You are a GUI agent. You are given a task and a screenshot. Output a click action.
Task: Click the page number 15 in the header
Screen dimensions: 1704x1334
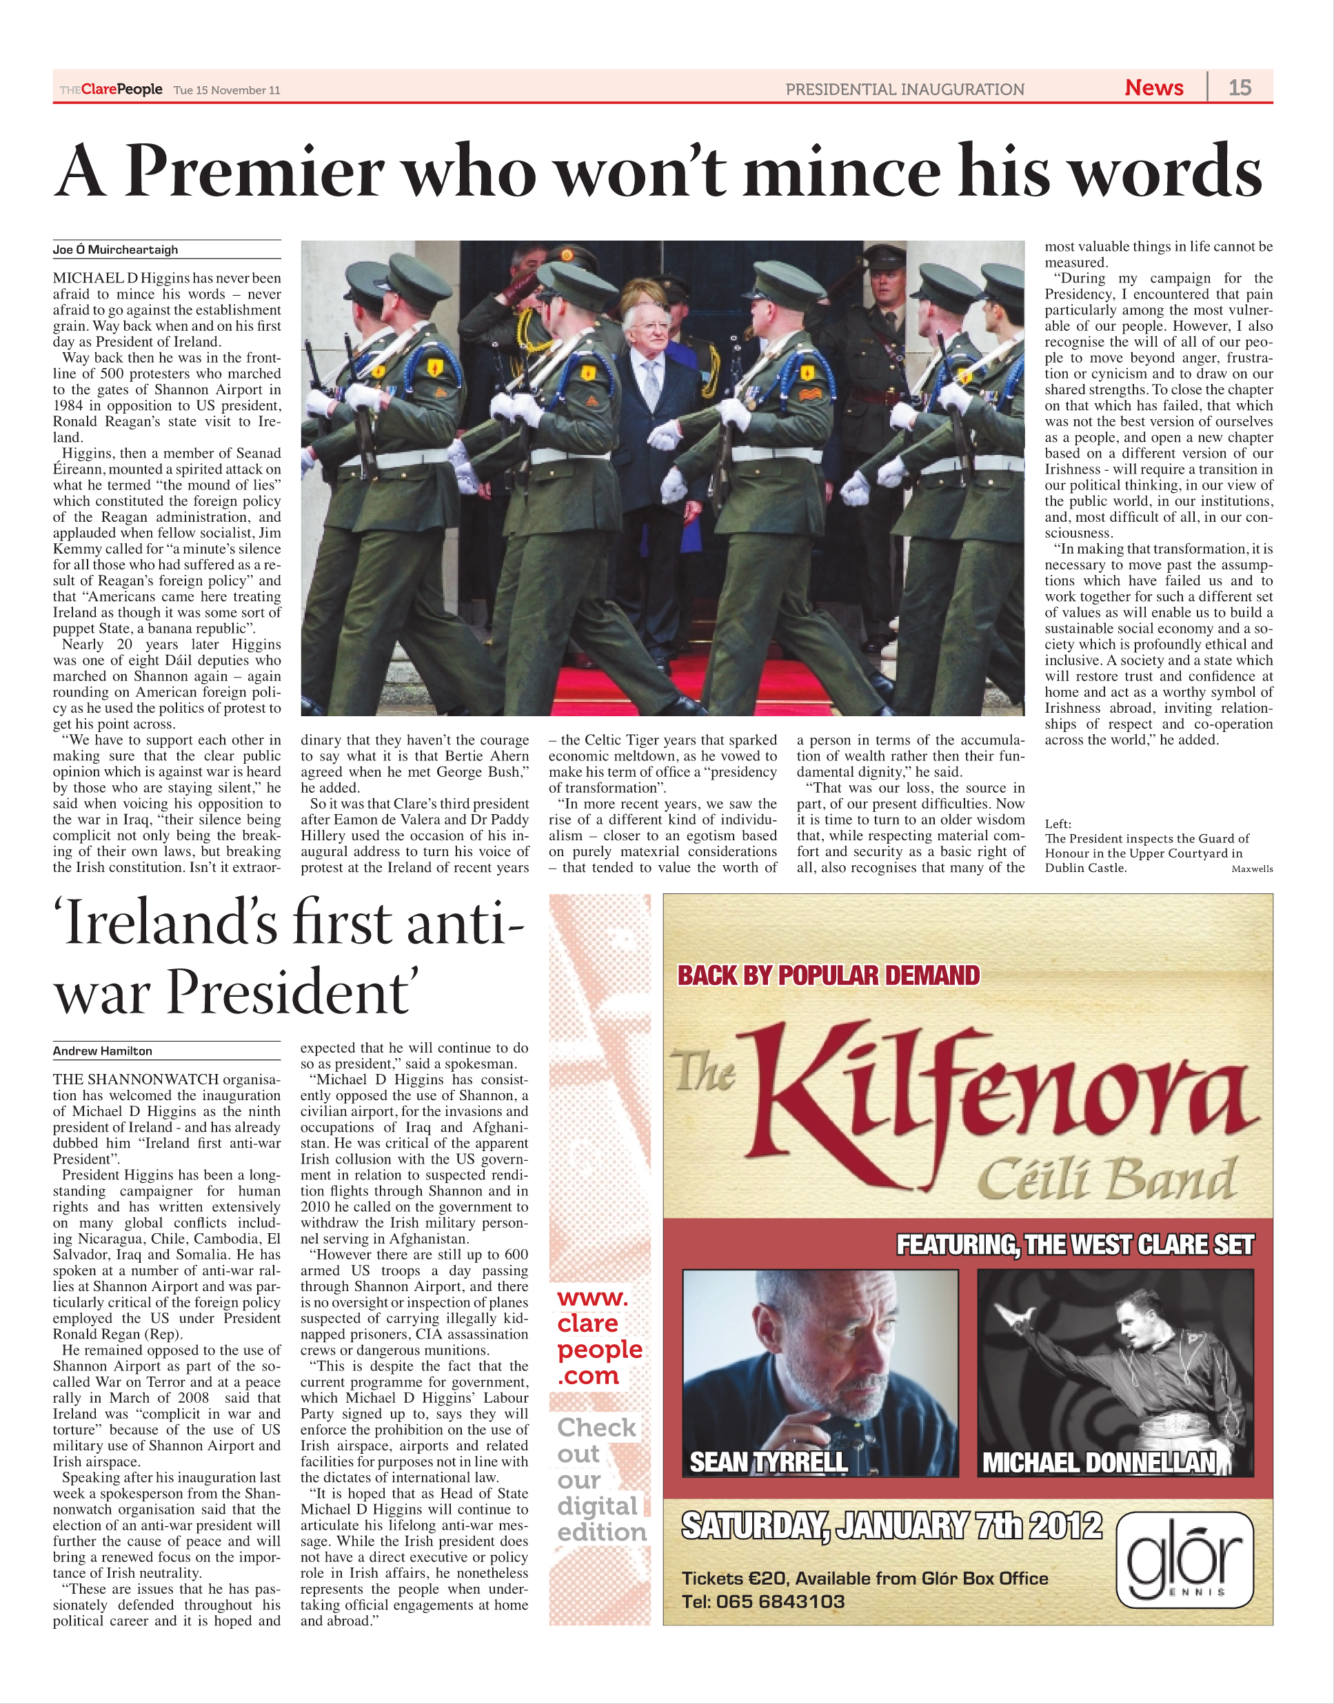click(1240, 88)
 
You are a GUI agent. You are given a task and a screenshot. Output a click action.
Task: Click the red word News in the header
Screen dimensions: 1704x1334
click(1153, 88)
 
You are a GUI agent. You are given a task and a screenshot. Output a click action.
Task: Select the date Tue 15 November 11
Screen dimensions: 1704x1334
click(227, 90)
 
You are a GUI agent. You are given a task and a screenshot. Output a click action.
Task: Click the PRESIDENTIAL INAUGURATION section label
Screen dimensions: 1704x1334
click(905, 89)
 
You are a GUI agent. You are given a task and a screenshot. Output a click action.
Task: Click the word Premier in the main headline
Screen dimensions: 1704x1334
click(254, 171)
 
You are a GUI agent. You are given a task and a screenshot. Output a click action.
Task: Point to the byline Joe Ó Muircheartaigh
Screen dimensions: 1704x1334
click(116, 250)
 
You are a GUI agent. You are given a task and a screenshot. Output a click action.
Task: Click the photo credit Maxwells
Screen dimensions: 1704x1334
click(1251, 869)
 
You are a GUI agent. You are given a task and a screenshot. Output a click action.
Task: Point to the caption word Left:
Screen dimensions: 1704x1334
click(1058, 824)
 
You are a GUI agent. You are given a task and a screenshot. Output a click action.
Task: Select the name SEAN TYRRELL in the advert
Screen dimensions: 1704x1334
click(769, 1462)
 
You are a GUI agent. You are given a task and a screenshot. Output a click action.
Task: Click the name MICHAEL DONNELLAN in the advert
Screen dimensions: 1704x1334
click(1099, 1462)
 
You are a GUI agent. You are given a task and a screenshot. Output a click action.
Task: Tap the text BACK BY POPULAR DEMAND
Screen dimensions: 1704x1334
click(828, 975)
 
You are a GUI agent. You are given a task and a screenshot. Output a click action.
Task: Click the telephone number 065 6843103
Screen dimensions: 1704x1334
click(780, 1602)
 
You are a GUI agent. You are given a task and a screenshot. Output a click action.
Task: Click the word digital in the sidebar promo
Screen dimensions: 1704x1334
click(598, 1506)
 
